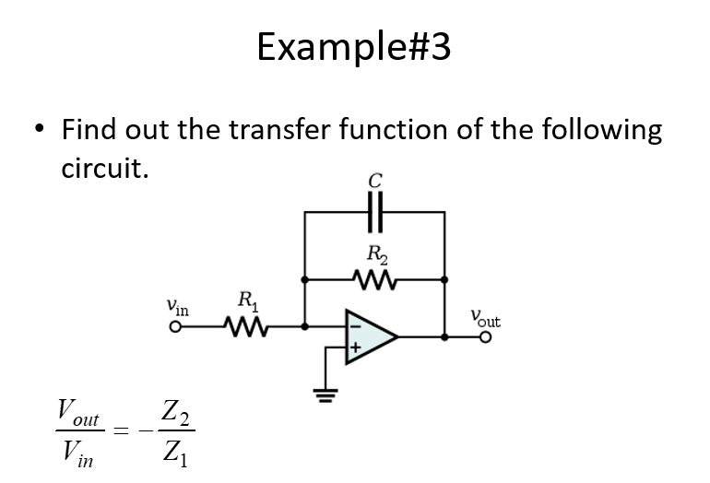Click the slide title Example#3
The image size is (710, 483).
pos(354,45)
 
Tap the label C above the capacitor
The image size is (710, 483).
pos(374,182)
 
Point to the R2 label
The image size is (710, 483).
pos(377,254)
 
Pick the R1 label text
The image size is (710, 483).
pos(247,300)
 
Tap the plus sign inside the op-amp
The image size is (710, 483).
pos(353,349)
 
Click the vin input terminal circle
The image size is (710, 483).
pos(172,326)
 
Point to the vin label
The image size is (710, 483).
pos(178,307)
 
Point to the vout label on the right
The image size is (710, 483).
pos(485,319)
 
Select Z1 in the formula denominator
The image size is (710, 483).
pos(175,454)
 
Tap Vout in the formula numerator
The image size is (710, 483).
pos(77,410)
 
